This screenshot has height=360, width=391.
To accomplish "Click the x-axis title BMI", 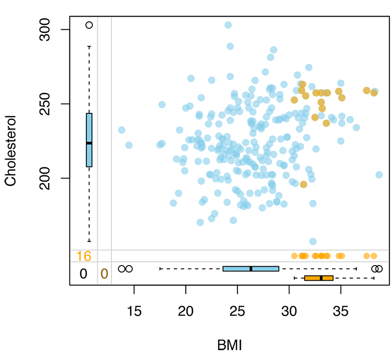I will pyautogui.click(x=229, y=345).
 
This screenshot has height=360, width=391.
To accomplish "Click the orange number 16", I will pyautogui.click(x=84, y=256).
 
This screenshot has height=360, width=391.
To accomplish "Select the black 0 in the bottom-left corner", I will pyautogui.click(x=84, y=274).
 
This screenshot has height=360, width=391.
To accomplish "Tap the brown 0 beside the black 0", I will pyautogui.click(x=104, y=274).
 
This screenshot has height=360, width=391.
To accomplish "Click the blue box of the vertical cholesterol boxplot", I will pyautogui.click(x=89, y=140).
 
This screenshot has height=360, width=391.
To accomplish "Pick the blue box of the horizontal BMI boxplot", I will pyautogui.click(x=251, y=269).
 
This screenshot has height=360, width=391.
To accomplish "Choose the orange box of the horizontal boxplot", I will pyautogui.click(x=319, y=278).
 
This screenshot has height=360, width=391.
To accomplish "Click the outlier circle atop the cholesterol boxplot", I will pyautogui.click(x=89, y=25).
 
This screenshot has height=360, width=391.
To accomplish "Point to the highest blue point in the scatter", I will pyautogui.click(x=228, y=25).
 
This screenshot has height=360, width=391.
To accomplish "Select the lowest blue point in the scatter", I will pyautogui.click(x=313, y=241).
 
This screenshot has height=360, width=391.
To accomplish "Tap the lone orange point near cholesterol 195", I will pyautogui.click(x=304, y=184).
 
